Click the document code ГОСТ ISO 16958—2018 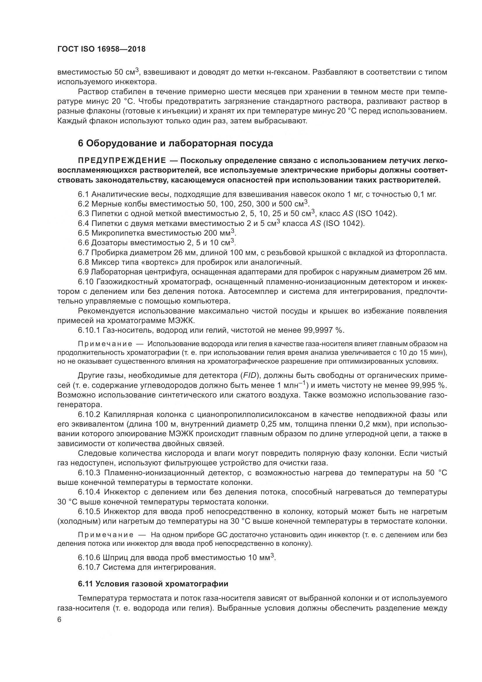101,49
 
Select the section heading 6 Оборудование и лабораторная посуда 175,143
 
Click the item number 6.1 83,194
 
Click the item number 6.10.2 89,414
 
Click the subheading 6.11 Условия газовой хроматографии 153,584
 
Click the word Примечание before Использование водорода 105,344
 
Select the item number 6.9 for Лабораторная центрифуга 83,272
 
